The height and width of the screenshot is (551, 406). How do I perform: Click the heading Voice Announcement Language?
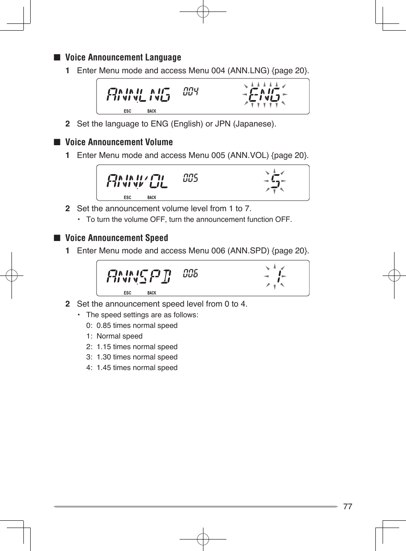[x=123, y=57]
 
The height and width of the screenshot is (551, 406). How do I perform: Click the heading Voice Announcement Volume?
[x=119, y=142]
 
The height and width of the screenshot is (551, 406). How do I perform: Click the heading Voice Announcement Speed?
[x=116, y=238]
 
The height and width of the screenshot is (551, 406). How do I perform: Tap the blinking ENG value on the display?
[x=264, y=95]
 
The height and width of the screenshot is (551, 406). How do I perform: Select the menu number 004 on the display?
[x=191, y=92]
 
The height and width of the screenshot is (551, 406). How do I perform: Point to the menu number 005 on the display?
[x=191, y=178]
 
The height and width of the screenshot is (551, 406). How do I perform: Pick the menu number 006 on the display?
[x=191, y=273]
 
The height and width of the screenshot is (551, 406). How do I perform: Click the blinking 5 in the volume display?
[x=275, y=181]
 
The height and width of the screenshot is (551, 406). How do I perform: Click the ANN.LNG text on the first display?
[x=138, y=95]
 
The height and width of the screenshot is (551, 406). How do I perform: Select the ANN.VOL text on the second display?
[x=137, y=181]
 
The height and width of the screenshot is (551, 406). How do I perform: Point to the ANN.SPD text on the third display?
[x=139, y=276]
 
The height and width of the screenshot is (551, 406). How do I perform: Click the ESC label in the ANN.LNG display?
[x=127, y=111]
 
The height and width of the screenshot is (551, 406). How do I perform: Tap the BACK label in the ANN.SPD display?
[x=152, y=293]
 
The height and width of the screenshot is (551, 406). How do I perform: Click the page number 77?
[x=348, y=506]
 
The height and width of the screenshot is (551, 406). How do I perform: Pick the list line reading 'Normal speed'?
[x=119, y=336]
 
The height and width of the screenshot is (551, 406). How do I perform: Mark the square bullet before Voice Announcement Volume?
[x=57, y=142]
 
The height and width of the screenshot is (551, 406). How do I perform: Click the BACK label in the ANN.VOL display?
[x=152, y=198]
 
